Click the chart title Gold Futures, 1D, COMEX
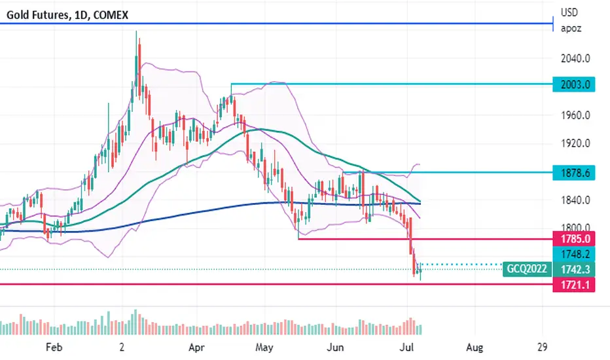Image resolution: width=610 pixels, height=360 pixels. pos(67,15)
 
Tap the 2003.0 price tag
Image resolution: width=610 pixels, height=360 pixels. pos(574,84)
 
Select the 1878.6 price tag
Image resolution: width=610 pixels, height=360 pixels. pos(574,172)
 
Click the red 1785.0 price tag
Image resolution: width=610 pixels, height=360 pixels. pos(574,238)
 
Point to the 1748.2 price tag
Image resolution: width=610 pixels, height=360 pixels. pos(574,254)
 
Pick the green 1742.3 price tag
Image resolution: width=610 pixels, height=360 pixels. pos(574,269)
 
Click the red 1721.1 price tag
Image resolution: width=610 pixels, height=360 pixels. pos(574,285)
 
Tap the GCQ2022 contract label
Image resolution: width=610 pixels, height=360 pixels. pos(527,269)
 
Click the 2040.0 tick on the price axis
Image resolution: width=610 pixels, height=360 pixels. pos(575,58)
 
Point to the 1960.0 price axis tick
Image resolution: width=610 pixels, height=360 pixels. pos(575,115)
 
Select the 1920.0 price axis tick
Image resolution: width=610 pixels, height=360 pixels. pos(575,143)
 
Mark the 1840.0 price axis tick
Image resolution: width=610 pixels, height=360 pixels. pos(575,200)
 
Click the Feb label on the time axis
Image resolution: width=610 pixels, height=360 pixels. pos(54,347)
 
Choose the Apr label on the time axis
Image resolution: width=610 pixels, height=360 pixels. pos(196,347)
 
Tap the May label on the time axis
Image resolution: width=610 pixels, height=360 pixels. pos(264,347)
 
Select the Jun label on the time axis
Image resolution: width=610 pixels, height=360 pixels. pos(335,347)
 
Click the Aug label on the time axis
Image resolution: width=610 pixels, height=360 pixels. pos(475,347)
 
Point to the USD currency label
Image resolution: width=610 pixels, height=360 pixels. pos(569,12)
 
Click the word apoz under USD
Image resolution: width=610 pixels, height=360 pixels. pos(571,29)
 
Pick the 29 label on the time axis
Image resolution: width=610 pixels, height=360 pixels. pos(543,347)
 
